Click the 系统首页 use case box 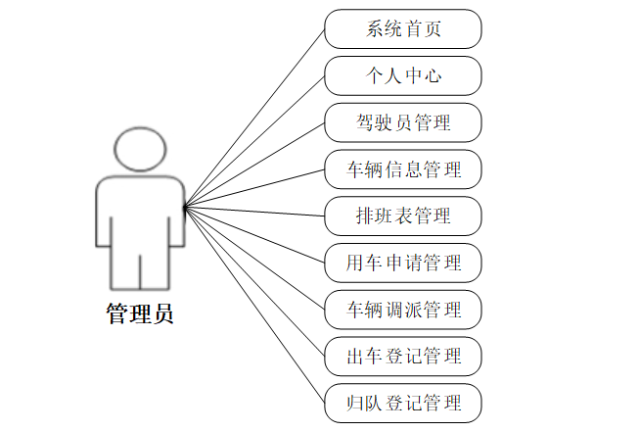pos(403,29)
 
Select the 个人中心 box pos(403,75)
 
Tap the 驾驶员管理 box pos(403,122)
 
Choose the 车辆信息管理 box pos(403,169)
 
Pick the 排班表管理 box pos(403,216)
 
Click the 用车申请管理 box pos(403,263)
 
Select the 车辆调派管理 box pos(403,310)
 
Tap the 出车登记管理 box pos(403,356)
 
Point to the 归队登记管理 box pos(403,403)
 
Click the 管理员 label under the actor pos(139,314)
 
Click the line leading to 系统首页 pos(254,118)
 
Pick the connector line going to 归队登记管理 pos(254,304)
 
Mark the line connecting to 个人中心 pos(254,141)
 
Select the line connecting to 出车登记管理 pos(254,281)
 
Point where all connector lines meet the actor pos(184,206)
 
